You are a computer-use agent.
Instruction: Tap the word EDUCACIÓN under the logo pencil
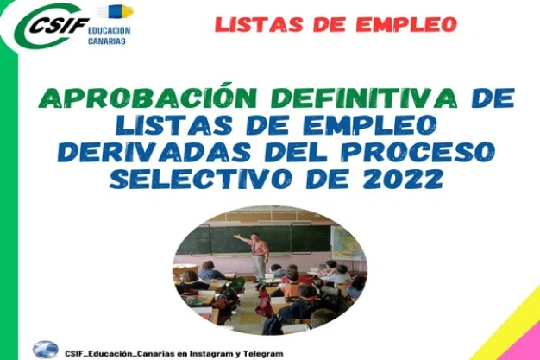110,31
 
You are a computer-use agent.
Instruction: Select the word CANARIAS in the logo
107,41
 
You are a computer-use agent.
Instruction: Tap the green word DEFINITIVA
364,98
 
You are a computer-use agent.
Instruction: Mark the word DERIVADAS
154,151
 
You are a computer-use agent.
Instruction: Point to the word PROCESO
418,151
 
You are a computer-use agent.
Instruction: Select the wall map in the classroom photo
346,243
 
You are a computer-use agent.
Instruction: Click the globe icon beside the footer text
45,350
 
